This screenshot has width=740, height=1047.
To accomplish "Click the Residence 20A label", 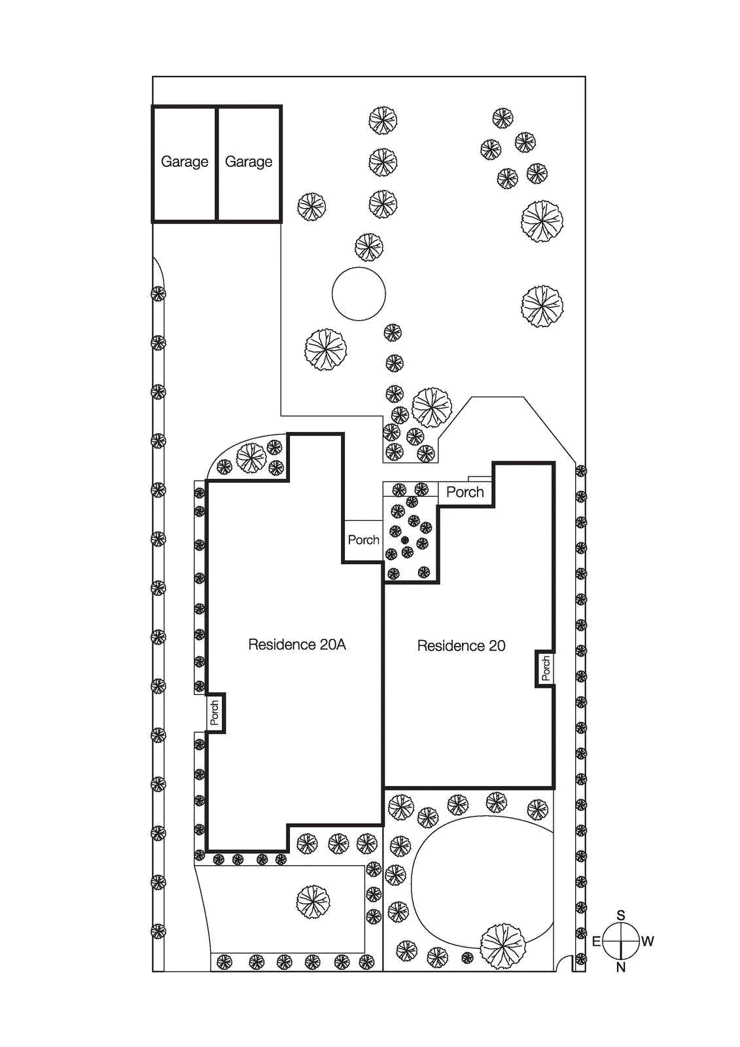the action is (x=296, y=645).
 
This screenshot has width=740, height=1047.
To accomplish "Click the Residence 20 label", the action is (x=461, y=646).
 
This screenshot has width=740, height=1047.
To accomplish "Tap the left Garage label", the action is (x=185, y=162).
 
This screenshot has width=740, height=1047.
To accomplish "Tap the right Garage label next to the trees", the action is (x=249, y=162).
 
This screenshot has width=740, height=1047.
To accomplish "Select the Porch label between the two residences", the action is (x=363, y=540).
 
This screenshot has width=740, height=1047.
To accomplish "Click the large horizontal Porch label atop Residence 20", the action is (x=465, y=492).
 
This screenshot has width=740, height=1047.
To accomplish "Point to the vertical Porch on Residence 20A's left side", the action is (x=215, y=713).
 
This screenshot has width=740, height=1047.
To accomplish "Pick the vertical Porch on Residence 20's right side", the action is (x=546, y=669).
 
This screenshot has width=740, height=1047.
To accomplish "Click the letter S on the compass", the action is (x=621, y=915).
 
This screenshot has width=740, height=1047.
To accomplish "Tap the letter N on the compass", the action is (x=621, y=967).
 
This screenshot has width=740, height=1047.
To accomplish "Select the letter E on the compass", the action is (x=596, y=942).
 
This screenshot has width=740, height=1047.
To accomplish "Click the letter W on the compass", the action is (x=647, y=942).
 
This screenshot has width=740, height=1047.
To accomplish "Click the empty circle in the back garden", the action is (x=359, y=294).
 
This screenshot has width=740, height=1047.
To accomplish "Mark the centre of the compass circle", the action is (x=620, y=941).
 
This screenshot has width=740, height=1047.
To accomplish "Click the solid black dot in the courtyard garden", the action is (x=404, y=541).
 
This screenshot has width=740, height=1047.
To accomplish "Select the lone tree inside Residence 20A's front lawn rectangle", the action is (x=313, y=902).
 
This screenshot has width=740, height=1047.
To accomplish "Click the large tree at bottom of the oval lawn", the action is (x=502, y=946).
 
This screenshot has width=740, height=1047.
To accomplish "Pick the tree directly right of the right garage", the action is (x=311, y=207).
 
